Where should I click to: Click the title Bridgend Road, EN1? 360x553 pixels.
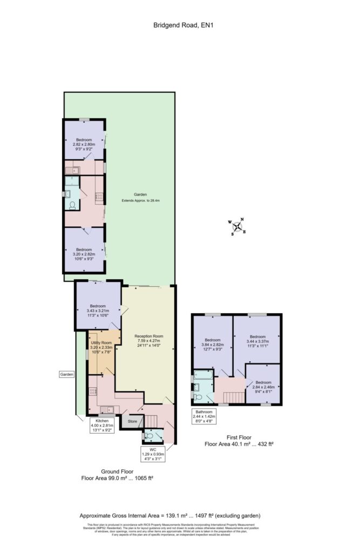point(180,24)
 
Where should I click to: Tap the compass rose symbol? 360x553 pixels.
point(237,226)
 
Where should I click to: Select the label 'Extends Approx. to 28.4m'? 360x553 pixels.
point(140,200)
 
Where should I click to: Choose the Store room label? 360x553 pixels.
point(132,421)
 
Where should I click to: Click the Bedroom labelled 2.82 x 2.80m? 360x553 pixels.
point(84,142)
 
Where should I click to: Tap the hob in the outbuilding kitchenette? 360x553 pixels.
point(99,197)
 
